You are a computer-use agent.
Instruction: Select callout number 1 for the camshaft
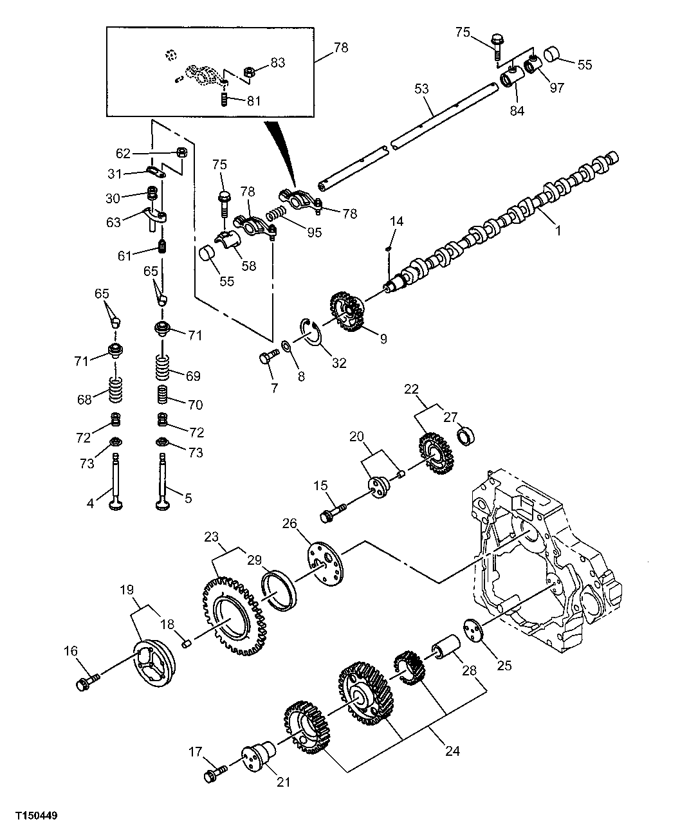coord(558,230)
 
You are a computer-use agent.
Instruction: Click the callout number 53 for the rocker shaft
coord(421,89)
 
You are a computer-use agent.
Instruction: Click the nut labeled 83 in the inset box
coord(251,70)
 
